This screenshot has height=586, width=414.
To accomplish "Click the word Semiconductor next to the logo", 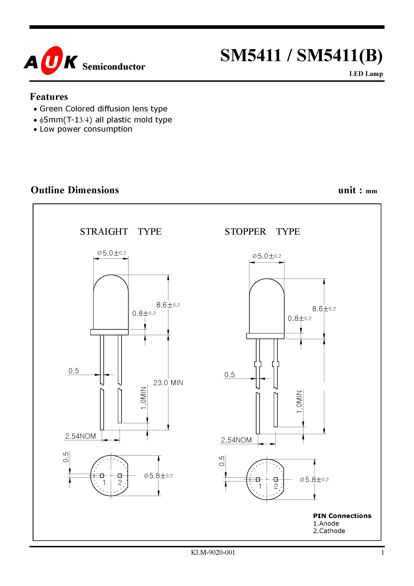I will pyautogui.click(x=114, y=67).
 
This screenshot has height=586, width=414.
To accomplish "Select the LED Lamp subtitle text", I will pyautogui.click(x=366, y=74).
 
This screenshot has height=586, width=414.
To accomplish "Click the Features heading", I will pyautogui.click(x=49, y=97).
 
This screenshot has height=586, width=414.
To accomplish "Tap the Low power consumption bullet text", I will pyautogui.click(x=86, y=129).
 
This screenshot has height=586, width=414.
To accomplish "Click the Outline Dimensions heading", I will pyautogui.click(x=75, y=190).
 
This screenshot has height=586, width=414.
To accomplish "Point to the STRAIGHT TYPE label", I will pyautogui.click(x=120, y=231).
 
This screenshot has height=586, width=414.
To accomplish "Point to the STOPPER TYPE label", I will pyautogui.click(x=262, y=231).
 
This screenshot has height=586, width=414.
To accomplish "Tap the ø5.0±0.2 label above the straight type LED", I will pyautogui.click(x=112, y=253).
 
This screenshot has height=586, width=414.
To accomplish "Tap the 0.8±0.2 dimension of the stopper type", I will pyautogui.click(x=299, y=318).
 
